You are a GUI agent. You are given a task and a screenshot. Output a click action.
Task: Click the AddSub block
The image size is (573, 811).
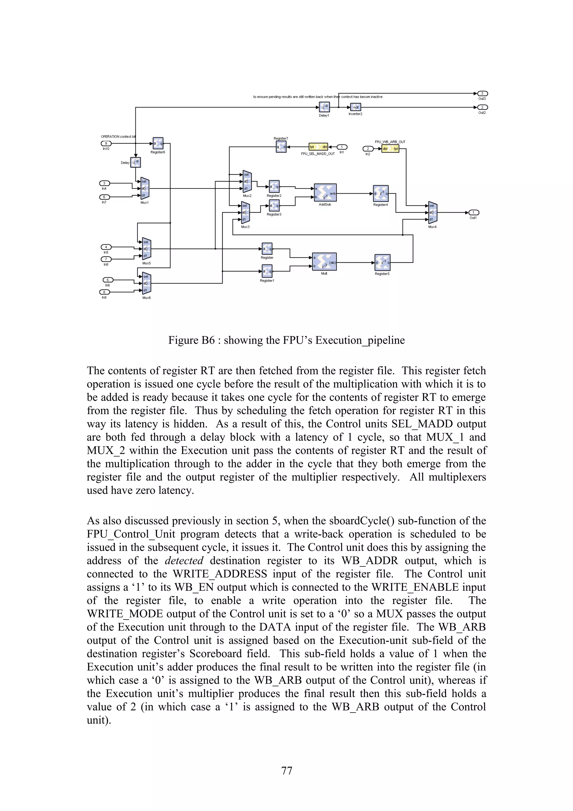[325, 193]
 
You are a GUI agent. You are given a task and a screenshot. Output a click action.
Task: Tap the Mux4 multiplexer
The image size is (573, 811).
[433, 213]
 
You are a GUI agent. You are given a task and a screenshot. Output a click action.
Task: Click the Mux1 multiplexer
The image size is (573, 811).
[145, 188]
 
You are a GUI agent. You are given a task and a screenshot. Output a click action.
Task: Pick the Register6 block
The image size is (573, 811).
[158, 143]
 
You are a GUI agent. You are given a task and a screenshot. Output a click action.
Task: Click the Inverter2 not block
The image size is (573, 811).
[356, 107]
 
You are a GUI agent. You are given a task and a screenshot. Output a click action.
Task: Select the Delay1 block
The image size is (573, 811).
[324, 107]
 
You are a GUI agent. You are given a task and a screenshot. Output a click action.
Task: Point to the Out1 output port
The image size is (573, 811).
[473, 213]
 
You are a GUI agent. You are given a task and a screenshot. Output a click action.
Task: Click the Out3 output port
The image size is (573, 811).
[482, 93]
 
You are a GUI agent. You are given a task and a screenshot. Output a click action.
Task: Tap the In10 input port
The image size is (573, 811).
[106, 143]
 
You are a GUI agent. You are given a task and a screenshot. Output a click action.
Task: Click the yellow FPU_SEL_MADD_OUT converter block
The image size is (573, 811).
[318, 147]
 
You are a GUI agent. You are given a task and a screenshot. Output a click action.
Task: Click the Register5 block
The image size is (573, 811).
[382, 262]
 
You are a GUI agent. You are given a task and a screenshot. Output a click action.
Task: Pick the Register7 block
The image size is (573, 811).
[281, 147]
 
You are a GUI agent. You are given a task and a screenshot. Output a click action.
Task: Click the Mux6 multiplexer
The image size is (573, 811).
[146, 283]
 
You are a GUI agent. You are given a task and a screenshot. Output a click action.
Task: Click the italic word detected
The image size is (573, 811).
[184, 561]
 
